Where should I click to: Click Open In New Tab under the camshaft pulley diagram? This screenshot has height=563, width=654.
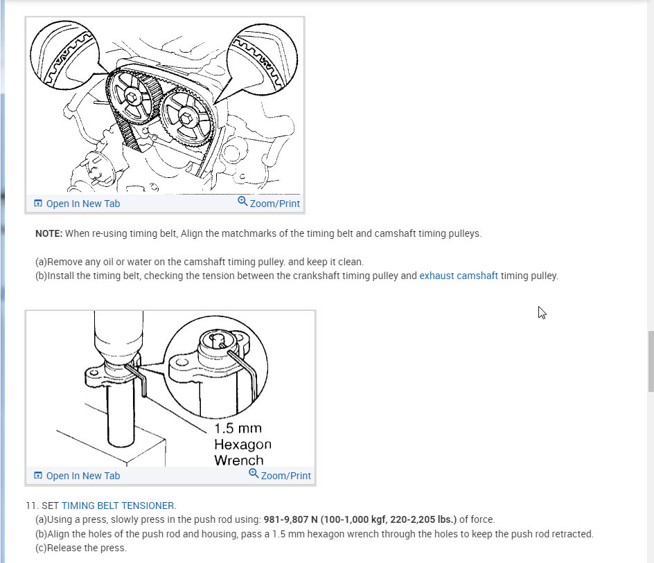tap(83, 204)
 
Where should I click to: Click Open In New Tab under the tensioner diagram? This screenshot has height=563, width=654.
tap(83, 476)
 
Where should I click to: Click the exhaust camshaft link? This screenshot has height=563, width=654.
tap(459, 276)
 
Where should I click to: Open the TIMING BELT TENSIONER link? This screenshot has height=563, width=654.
tap(118, 506)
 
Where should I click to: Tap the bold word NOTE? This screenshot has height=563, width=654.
tap(48, 233)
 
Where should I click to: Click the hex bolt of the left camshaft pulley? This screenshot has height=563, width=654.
tap(132, 97)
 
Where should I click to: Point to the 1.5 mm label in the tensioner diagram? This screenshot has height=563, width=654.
tap(238, 428)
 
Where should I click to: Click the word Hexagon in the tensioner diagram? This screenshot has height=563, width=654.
tap(242, 445)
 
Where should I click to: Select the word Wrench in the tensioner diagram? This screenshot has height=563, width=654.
tap(239, 460)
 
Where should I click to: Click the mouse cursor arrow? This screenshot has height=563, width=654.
tap(542, 313)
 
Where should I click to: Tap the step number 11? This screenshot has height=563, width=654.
tap(32, 506)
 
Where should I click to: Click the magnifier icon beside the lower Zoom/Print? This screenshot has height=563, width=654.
tap(254, 474)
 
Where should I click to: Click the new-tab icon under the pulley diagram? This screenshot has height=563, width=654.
tap(38, 203)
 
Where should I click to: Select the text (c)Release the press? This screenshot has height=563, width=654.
tap(81, 548)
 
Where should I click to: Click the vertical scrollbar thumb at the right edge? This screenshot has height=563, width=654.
tap(651, 361)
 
